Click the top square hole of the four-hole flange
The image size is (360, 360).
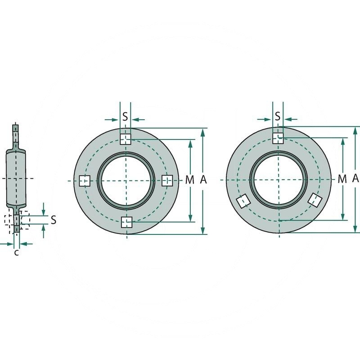pos(126,139)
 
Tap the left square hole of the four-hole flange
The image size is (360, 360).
pos(85,181)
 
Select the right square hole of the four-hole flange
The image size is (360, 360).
pos(167,180)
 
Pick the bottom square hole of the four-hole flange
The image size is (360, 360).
pos(126,222)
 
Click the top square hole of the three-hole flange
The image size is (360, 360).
pos(278,138)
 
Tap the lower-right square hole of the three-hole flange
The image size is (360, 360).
pos(315,199)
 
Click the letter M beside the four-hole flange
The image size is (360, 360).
pos(190,180)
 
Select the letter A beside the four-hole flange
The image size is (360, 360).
pos(203,180)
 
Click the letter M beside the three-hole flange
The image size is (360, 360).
pos(342,179)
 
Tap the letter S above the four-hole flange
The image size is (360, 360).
pos(126,117)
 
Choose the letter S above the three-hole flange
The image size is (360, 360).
pos(278,117)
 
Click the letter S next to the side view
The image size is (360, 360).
pos(54,220)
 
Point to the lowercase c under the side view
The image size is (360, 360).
pos(16,253)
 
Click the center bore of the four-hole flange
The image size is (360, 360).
pos(126,180)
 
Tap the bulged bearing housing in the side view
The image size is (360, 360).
pos(17,178)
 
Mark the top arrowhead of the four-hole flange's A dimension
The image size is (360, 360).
pos(203,131)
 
